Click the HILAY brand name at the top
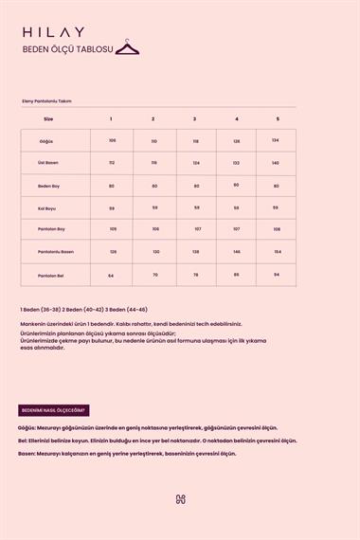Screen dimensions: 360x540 [53, 31]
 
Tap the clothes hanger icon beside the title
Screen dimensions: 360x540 [128, 47]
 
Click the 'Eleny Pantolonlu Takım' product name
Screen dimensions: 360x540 [46, 100]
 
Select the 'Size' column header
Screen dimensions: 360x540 [48, 118]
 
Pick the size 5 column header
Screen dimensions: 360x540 [278, 118]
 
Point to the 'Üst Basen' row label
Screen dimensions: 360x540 [48, 162]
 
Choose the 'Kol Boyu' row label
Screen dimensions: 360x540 [48, 207]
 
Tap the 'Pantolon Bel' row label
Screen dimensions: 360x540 [49, 275]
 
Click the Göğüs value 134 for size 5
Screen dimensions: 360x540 [275, 140]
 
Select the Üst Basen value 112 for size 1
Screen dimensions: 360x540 [112, 162]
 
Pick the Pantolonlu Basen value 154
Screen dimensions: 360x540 [278, 251]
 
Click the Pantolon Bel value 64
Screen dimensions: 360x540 [111, 275]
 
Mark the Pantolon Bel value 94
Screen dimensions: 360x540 [277, 275]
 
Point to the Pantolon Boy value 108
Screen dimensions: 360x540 [277, 228]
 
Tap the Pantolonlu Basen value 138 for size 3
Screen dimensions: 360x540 [195, 251]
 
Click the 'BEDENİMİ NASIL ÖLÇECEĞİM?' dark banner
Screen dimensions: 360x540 [54, 410]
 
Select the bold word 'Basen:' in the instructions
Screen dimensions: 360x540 [27, 453]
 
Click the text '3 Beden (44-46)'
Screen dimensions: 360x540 [127, 310]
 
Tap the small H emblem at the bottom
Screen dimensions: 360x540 [180, 499]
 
